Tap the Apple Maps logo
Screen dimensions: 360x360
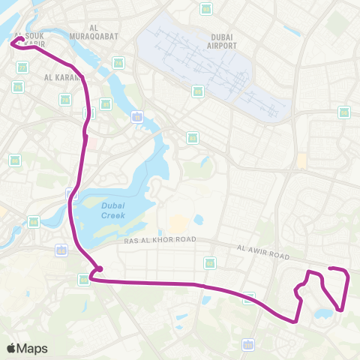27,348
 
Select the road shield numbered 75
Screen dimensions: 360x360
65,99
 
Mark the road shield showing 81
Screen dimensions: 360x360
22,67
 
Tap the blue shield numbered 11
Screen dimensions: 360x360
136,116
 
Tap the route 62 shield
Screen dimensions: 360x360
210,262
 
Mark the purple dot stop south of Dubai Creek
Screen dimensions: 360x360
98,269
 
